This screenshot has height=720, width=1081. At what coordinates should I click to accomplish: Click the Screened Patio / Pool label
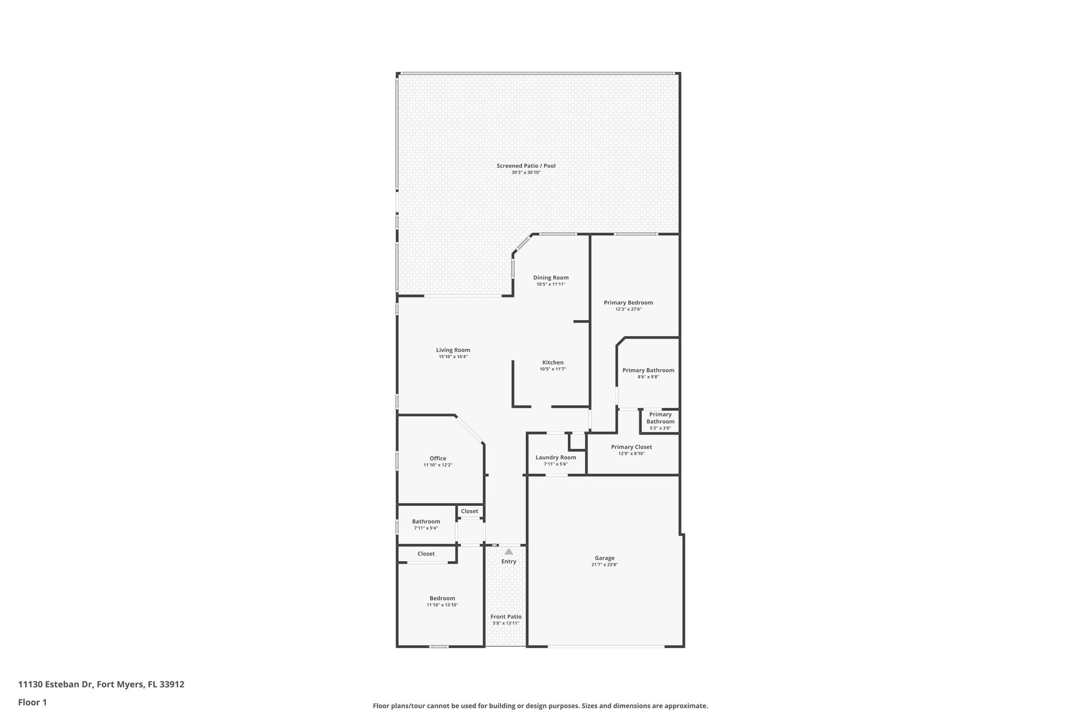(526, 166)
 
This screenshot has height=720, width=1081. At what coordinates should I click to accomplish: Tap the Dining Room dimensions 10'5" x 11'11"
(551, 284)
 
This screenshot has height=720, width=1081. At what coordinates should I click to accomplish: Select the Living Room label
(453, 350)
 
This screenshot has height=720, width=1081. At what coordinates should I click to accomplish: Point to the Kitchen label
(553, 362)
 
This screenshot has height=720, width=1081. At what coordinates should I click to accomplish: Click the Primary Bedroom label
(628, 302)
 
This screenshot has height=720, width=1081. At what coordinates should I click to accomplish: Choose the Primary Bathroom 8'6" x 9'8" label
(648, 370)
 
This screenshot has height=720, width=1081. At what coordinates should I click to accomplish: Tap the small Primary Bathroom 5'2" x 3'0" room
(660, 421)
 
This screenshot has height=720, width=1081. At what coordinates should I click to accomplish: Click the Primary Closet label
(631, 447)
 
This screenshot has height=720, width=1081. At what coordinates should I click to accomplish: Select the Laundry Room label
(555, 457)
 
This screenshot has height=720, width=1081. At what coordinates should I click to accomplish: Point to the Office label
(438, 458)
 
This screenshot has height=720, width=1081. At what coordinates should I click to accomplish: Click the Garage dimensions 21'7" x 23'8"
(604, 564)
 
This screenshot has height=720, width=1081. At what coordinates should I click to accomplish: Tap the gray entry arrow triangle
(508, 552)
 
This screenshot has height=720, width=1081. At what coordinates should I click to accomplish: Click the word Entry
(508, 561)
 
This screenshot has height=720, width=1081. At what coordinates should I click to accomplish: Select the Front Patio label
(506, 617)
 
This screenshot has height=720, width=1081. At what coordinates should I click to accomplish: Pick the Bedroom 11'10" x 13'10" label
(442, 598)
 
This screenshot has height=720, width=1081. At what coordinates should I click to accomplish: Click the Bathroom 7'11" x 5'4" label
(425, 521)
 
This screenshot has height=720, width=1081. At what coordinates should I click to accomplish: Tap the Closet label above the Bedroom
(425, 554)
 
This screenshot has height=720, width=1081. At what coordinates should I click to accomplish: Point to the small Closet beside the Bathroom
(469, 511)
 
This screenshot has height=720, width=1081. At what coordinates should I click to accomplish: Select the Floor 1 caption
(32, 702)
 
